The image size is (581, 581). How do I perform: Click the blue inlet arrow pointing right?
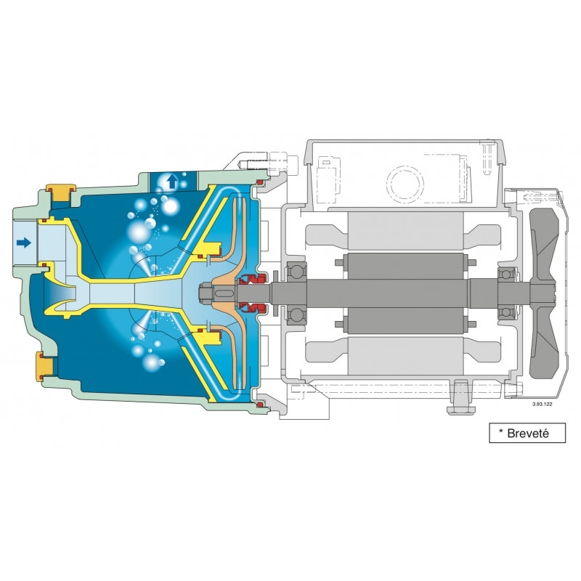[24, 243]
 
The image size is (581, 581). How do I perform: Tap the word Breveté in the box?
[526, 434]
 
